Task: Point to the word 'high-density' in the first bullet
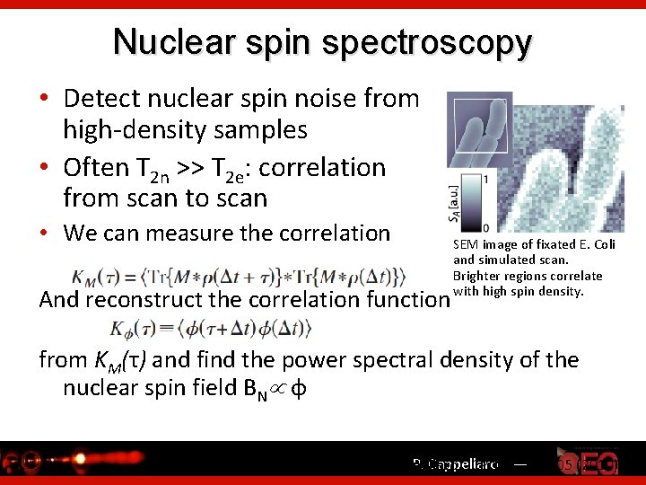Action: pyautogui.click(x=134, y=130)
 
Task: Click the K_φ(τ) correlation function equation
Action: pyautogui.click(x=211, y=330)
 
